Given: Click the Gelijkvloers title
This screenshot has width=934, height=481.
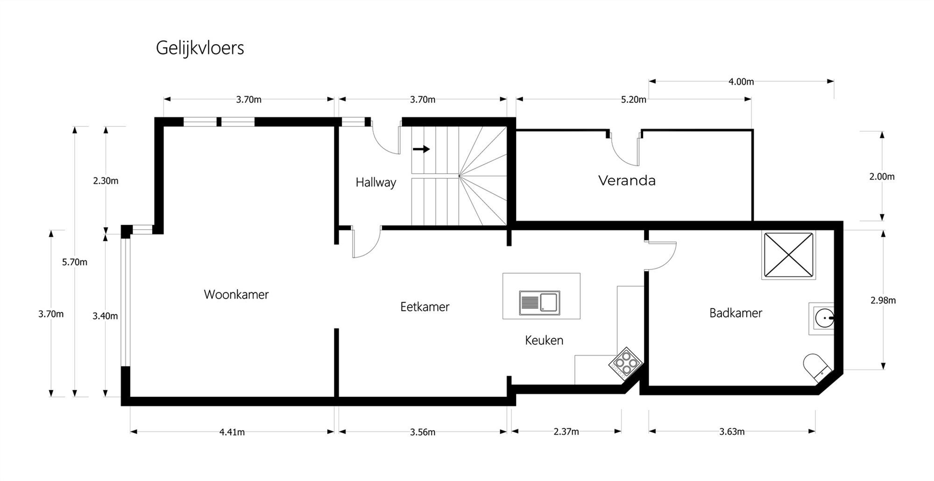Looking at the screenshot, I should [200, 48].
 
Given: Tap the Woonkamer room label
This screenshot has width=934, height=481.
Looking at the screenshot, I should [236, 295].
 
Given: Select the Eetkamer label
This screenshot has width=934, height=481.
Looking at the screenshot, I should [425, 307].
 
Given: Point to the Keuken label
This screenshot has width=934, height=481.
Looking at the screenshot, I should [544, 340].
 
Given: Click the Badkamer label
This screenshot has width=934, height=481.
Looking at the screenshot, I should [736, 313].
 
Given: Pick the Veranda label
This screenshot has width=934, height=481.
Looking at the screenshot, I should [627, 181].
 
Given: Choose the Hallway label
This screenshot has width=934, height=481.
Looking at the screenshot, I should [375, 182].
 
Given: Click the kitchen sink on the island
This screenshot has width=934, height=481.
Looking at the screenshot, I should [539, 303].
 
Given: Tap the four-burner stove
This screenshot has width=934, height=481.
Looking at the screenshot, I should [625, 362].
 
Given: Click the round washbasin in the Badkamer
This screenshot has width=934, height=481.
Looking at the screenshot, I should [824, 318].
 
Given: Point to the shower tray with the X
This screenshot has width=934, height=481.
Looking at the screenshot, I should [788, 255].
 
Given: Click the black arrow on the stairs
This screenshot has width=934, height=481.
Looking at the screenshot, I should [421, 149].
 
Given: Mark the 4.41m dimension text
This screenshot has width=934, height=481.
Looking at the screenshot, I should [232, 432].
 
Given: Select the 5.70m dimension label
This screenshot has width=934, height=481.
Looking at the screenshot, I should [75, 262].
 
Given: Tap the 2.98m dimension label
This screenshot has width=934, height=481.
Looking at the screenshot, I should [883, 301].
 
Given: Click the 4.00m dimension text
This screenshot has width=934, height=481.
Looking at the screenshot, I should [741, 82].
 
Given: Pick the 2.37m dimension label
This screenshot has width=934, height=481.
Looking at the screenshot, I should [566, 432].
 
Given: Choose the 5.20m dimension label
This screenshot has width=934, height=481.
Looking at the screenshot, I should [633, 99].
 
